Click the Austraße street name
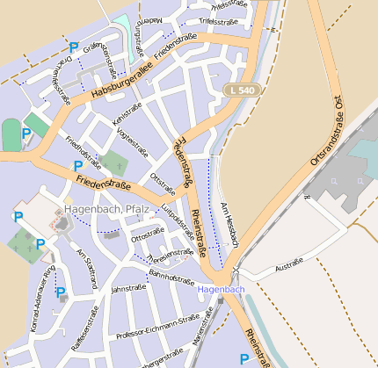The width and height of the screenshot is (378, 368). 288,263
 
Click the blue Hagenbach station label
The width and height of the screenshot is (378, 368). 221,289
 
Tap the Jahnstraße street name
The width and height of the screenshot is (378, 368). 128,287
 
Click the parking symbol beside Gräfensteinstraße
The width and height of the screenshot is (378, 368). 74,47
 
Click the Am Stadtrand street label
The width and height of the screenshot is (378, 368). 86,268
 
